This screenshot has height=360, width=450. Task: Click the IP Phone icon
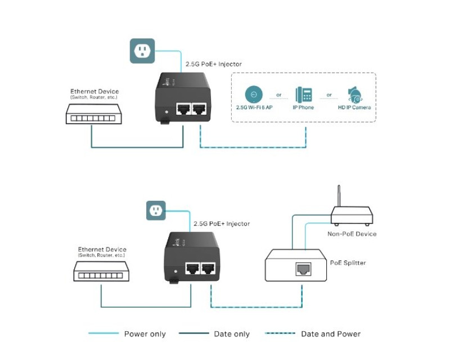click(303, 94)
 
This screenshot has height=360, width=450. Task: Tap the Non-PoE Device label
click(352, 233)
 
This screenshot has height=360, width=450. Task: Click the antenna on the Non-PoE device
click(339, 196)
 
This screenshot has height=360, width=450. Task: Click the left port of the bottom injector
click(192, 269)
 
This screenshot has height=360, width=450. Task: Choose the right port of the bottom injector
click(209, 269)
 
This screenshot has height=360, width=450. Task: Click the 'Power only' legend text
click(145, 334)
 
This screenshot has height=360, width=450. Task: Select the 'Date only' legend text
click(232, 334)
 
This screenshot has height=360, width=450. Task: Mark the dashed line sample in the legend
click(280, 334)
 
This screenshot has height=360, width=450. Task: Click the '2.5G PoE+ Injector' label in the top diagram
click(214, 64)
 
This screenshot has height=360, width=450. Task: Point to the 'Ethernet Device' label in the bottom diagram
click(102, 249)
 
